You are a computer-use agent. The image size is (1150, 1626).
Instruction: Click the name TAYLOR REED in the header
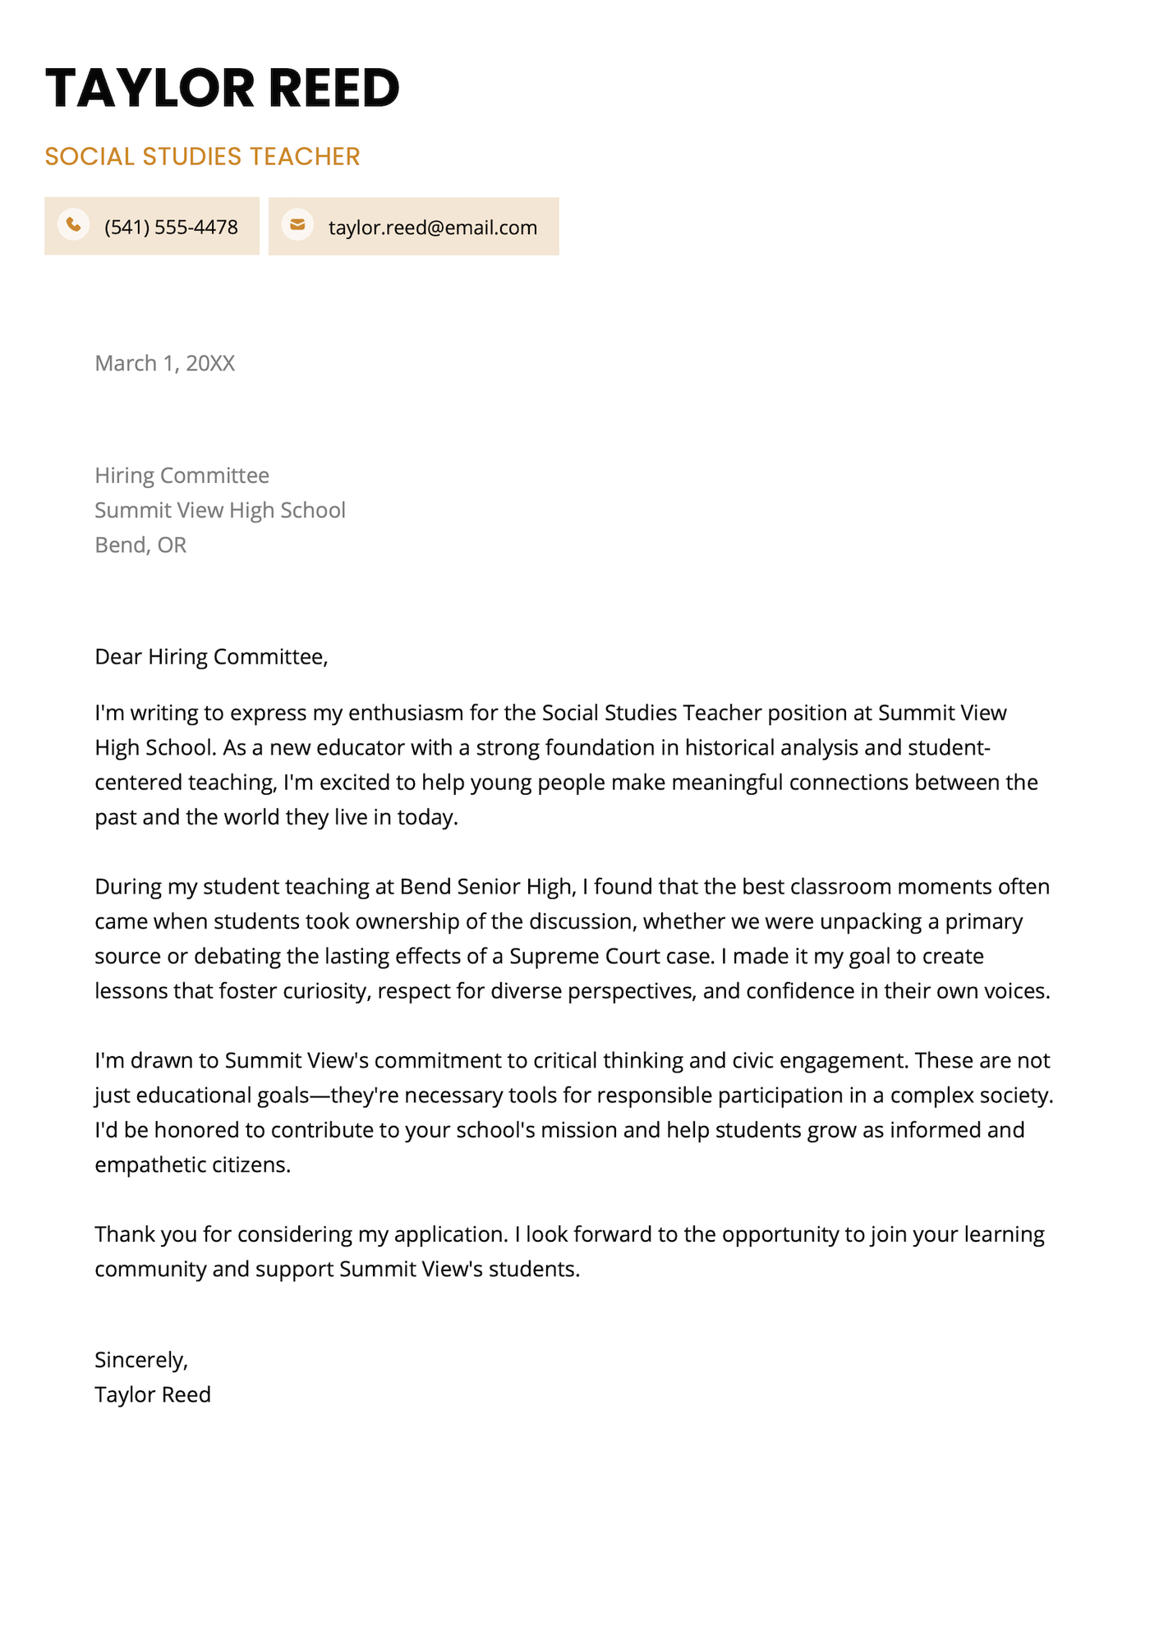point(222,88)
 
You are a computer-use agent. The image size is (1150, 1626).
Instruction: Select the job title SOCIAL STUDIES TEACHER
point(202,156)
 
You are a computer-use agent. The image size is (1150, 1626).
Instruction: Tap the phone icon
point(73,224)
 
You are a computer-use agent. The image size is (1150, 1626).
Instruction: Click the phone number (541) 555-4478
point(171,227)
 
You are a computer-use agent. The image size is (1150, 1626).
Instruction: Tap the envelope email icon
point(297,224)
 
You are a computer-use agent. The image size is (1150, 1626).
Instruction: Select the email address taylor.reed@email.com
point(433,227)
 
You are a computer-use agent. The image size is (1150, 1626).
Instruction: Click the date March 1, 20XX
point(164,363)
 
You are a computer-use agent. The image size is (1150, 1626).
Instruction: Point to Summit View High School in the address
point(219,510)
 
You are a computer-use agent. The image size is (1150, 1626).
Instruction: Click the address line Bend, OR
point(140,544)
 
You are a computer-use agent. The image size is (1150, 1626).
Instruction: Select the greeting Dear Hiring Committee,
point(211,656)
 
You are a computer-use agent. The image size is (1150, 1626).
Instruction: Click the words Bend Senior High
point(485,887)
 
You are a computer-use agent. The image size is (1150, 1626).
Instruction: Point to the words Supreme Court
point(584,956)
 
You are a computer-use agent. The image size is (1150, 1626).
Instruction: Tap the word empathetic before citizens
point(149,1164)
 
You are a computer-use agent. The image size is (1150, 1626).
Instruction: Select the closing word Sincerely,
point(141,1360)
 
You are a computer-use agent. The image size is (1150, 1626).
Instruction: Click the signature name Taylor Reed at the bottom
point(153,1394)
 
